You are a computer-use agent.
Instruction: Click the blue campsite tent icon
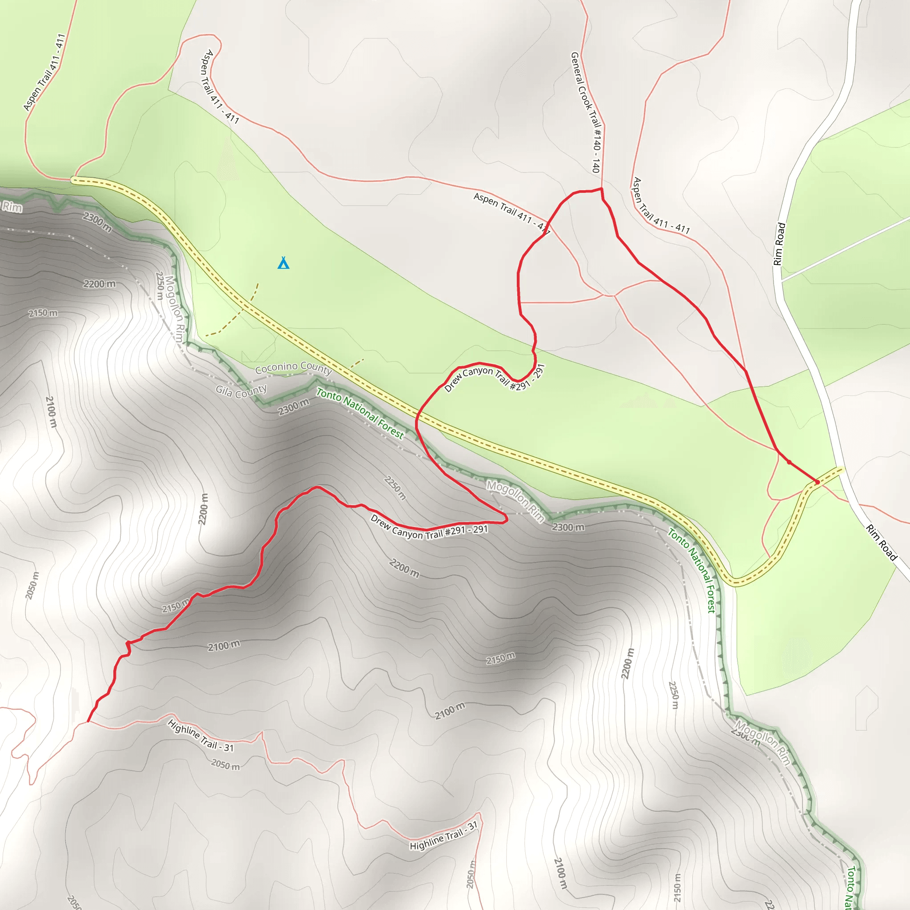(283, 263)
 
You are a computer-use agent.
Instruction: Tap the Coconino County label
(293, 367)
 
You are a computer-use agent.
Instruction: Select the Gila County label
(241, 391)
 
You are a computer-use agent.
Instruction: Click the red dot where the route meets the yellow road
(817, 482)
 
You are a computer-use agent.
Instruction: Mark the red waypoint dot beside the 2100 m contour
(128, 643)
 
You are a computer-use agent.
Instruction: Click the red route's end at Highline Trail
(88, 721)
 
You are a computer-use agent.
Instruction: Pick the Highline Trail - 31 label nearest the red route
(201, 735)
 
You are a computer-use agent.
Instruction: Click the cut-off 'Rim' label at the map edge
(11, 206)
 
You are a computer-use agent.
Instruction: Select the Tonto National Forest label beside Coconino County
(360, 413)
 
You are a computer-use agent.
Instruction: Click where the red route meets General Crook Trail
(601, 189)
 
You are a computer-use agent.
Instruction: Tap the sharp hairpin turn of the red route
(506, 519)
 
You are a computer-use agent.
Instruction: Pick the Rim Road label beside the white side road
(779, 244)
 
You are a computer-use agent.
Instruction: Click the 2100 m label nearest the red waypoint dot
(224, 645)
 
